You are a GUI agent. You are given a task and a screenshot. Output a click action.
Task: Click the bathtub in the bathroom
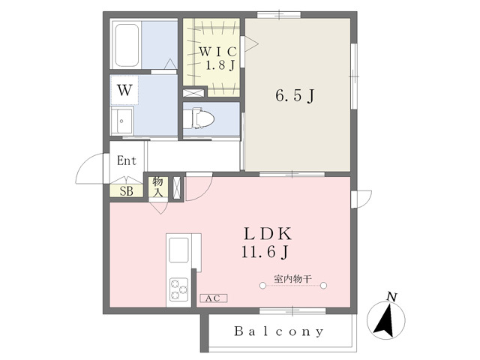tap(127, 45)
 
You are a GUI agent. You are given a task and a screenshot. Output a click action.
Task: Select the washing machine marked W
tap(124, 90)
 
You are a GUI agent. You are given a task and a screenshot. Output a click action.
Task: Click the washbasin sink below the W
tap(121, 121)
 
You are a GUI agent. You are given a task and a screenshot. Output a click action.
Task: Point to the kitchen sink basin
tap(178, 250)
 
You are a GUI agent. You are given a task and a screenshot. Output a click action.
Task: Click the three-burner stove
tap(179, 289)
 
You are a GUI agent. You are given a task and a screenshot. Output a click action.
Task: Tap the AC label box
tap(213, 298)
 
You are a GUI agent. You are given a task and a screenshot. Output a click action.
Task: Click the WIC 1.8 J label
tap(218, 58)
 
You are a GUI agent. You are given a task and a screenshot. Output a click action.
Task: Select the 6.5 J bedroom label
tap(295, 96)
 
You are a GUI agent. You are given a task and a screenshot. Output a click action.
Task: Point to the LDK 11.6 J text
tap(266, 243)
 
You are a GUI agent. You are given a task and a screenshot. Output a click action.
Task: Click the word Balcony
tap(279, 331)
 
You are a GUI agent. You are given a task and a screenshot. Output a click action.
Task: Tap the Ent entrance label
tap(127, 160)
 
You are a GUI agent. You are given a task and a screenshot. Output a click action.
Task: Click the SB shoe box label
tap(127, 191)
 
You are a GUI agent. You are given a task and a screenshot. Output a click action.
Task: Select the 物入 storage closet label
tap(158, 187)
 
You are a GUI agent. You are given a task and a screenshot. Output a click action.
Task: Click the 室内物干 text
tap(292, 279)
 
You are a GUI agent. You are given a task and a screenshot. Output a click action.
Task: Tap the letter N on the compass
tap(391, 297)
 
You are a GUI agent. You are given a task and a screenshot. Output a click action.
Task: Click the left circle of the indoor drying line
tap(262, 286)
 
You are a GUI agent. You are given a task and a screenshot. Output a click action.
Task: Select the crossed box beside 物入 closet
tap(177, 187)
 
